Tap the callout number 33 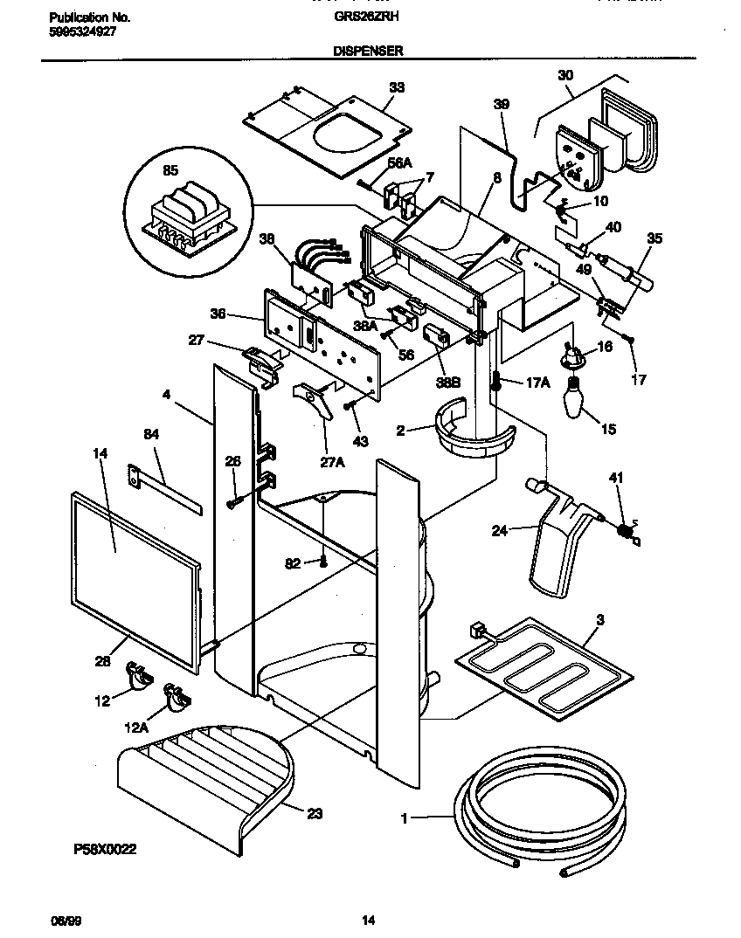click(397, 87)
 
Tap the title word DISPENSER click(368, 52)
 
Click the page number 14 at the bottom click(368, 919)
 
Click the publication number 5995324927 click(80, 30)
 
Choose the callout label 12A click(135, 726)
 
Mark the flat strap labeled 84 click(166, 489)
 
